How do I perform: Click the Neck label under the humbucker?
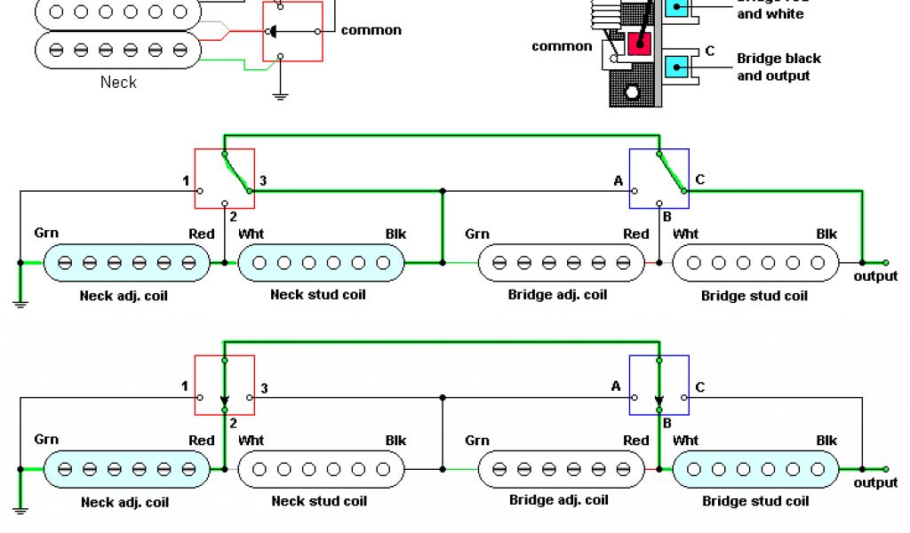tap(118, 82)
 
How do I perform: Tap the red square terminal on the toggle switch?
tap(638, 43)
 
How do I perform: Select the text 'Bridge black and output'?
tap(778, 68)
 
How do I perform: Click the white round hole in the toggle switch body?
tap(632, 92)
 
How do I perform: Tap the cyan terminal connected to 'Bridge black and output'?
tap(677, 67)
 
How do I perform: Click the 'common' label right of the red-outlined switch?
tap(371, 30)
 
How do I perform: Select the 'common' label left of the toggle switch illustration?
tap(562, 46)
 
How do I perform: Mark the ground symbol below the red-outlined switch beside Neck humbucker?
tap(281, 94)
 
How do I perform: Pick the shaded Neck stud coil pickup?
tap(322, 262)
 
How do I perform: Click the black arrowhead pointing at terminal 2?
tap(225, 399)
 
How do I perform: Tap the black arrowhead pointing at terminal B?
tap(659, 399)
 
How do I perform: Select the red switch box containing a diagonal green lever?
tap(225, 179)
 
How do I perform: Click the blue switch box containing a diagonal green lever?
tap(659, 179)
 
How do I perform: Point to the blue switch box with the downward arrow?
tap(659, 385)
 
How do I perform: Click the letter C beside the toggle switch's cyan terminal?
tap(710, 52)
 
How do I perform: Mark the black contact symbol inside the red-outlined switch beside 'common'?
tap(272, 32)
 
